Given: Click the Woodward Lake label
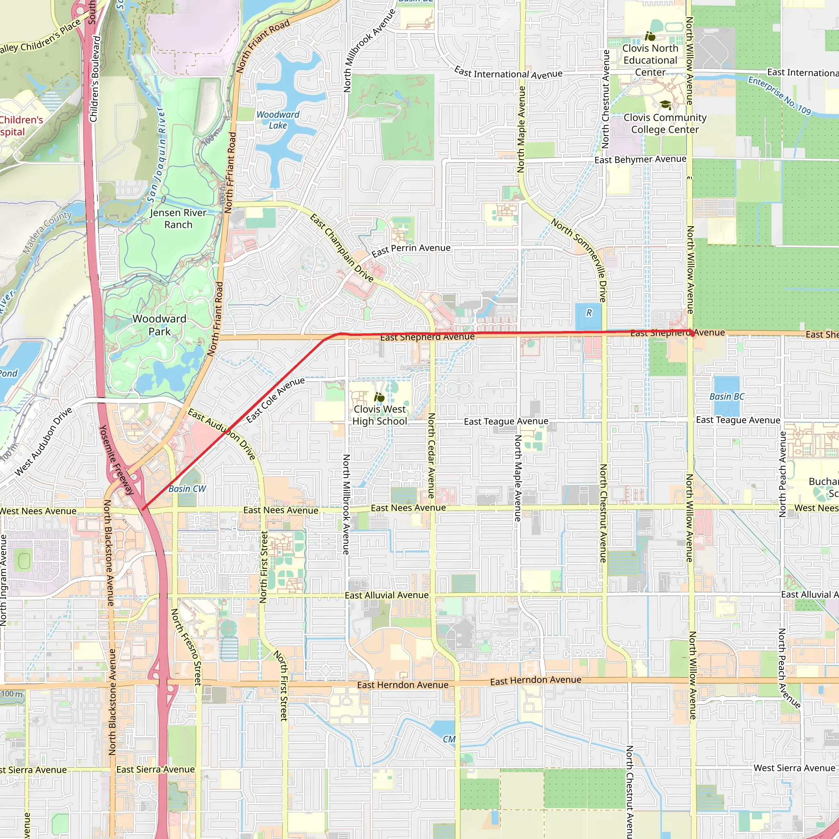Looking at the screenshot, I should click(x=277, y=120).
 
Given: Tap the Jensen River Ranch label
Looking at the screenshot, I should click(x=178, y=218).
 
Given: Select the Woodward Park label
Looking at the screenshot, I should click(x=159, y=325).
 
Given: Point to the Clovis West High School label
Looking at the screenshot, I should click(x=379, y=415).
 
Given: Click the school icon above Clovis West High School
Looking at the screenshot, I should click(x=379, y=397).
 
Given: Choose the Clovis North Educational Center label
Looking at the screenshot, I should click(x=650, y=60).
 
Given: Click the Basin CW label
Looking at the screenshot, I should click(x=187, y=489).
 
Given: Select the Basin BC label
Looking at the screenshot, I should click(x=726, y=397).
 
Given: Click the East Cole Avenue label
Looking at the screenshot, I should click(x=275, y=400).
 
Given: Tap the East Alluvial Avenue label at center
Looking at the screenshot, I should click(x=386, y=595).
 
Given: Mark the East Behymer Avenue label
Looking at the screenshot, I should click(x=640, y=159).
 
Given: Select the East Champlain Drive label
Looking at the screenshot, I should click(x=341, y=248).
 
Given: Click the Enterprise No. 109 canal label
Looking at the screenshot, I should click(x=780, y=95).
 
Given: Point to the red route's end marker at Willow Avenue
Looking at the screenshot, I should click(x=692, y=334).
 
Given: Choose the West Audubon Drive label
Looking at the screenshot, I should click(x=43, y=442).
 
